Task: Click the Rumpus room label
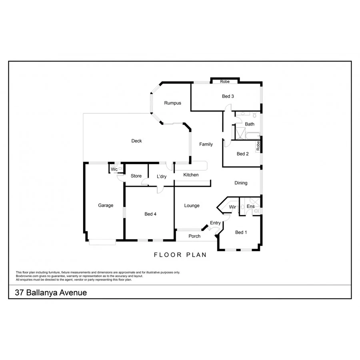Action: [172, 103]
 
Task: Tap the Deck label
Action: [137, 141]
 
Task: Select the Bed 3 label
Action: [228, 96]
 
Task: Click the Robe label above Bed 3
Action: [225, 82]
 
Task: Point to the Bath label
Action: [250, 124]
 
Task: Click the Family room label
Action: [206, 144]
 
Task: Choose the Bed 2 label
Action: [243, 154]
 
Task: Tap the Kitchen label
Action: [191, 175]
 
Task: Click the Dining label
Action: [241, 183]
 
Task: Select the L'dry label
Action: [162, 176]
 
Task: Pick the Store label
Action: [136, 176]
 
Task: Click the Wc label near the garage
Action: [114, 170]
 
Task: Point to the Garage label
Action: [106, 206]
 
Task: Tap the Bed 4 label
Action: [150, 214]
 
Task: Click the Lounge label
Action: [192, 206]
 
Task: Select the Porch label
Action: [194, 236]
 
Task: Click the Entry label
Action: [215, 223]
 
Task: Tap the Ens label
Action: [251, 206]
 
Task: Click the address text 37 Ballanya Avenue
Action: [51, 293]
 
